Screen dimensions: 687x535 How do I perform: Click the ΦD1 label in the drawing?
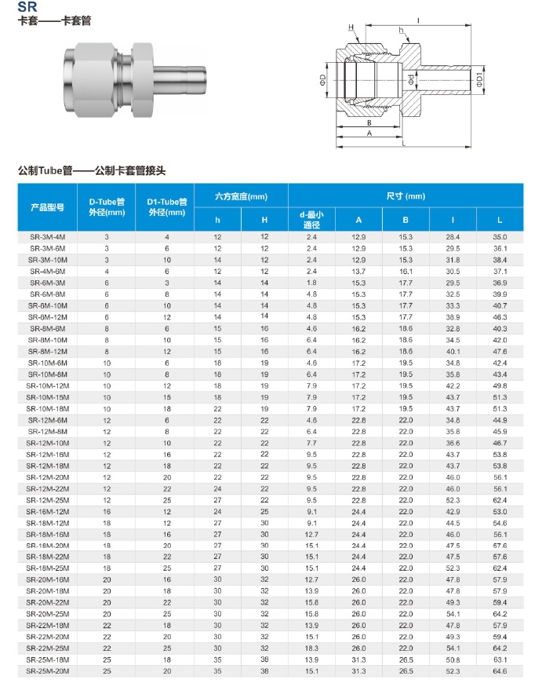click(x=479, y=81)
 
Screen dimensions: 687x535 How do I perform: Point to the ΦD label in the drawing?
click(x=322, y=80)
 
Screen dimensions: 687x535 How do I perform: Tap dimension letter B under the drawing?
click(x=368, y=123)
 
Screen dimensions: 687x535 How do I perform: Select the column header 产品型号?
click(x=47, y=207)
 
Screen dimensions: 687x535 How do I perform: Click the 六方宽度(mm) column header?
click(x=242, y=196)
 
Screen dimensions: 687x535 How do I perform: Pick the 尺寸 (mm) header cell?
click(x=406, y=196)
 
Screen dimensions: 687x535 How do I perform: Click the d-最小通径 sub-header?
click(x=311, y=219)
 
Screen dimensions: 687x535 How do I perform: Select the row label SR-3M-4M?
click(x=47, y=236)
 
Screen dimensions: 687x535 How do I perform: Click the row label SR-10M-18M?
click(x=47, y=409)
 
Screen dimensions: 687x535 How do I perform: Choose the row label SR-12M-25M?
click(x=47, y=500)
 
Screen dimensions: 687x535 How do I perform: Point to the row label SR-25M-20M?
click(x=47, y=671)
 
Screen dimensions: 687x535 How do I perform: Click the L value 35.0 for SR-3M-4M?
click(x=500, y=236)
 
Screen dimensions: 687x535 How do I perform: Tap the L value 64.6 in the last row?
click(x=500, y=671)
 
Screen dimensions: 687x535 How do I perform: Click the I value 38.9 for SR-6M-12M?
click(x=453, y=316)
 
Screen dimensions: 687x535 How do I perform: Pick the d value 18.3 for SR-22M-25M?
click(x=311, y=649)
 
